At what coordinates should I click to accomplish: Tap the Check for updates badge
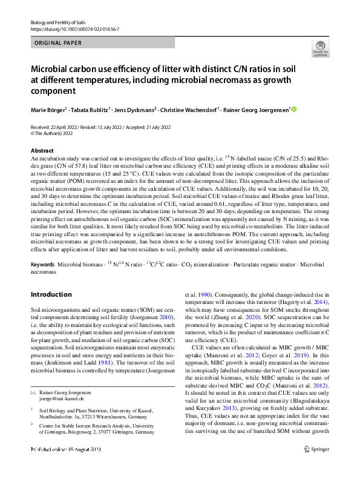(320, 48)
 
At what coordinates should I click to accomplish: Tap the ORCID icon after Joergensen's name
(295, 110)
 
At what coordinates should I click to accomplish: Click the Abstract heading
(42, 150)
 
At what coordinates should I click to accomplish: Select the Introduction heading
(51, 294)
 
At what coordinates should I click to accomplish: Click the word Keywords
(43, 265)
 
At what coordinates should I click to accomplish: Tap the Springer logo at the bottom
(316, 466)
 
